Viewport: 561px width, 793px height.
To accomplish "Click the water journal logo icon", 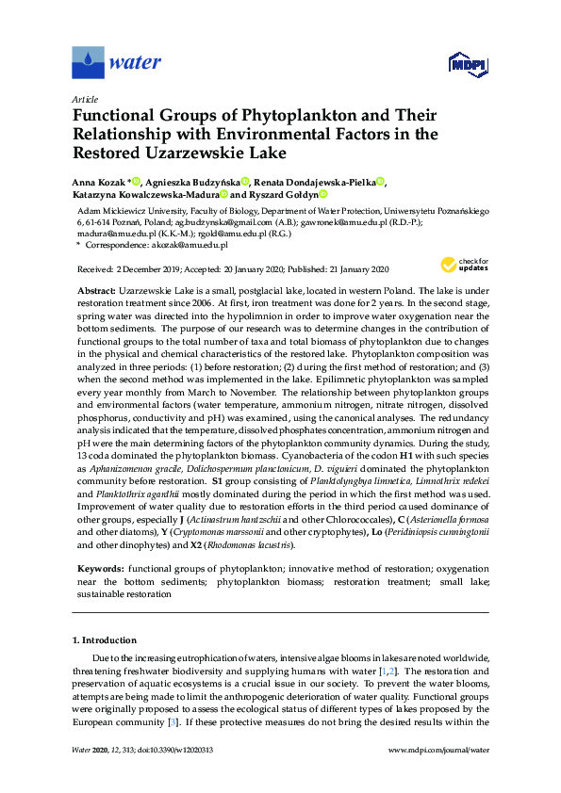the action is (x=88, y=62).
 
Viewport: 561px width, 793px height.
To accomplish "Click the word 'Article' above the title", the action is (x=85, y=99).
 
